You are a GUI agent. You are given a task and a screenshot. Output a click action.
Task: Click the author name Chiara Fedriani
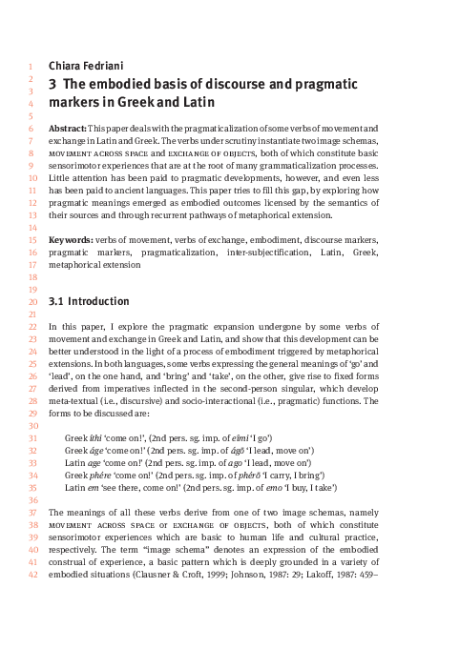coord(83,66)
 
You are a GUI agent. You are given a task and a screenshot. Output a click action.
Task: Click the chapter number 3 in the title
coord(52,85)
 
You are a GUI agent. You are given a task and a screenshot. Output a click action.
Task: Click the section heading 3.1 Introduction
coord(82,301)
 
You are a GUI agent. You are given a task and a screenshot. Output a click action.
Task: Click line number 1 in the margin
coord(31,66)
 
